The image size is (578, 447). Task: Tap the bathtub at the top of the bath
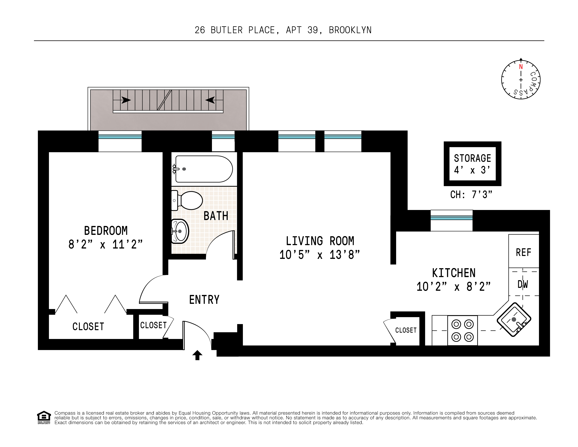pyautogui.click(x=203, y=169)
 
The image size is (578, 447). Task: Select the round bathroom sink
pyautogui.click(x=180, y=231)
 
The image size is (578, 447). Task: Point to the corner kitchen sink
pyautogui.click(x=514, y=319)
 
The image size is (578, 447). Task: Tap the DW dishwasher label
pyautogui.click(x=523, y=284)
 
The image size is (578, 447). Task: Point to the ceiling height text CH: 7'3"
pyautogui.click(x=471, y=195)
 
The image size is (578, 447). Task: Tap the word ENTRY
pyautogui.click(x=204, y=300)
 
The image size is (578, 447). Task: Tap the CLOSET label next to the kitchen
pyautogui.click(x=406, y=330)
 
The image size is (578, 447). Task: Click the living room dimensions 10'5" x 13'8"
pyautogui.click(x=320, y=255)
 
